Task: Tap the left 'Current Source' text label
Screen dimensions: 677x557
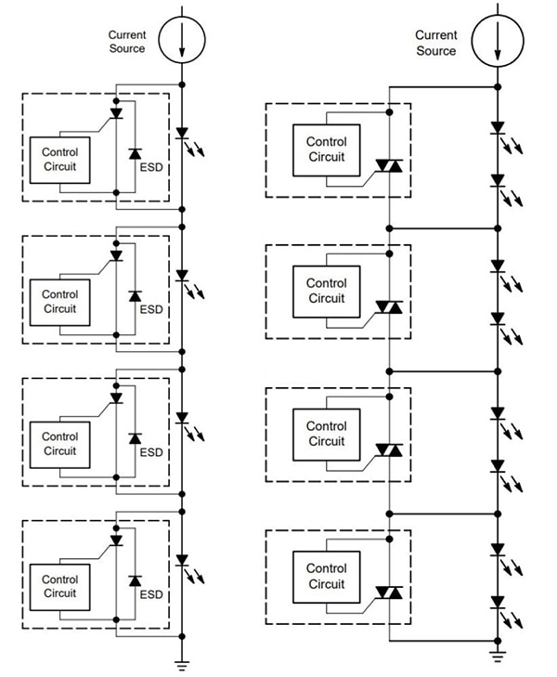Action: pos(127,42)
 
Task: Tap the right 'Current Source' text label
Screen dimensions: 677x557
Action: pos(435,43)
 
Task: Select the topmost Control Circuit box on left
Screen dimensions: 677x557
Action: pos(59,160)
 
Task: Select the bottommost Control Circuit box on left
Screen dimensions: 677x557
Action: pos(59,586)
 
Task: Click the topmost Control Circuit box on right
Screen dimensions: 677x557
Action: pos(325,150)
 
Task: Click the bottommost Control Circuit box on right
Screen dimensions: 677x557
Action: pos(325,576)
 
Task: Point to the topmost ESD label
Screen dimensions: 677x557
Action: pos(150,169)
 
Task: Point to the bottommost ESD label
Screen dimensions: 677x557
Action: pos(150,594)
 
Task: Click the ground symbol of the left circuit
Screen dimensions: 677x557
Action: pos(182,663)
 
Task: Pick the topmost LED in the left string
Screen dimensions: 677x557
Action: pos(182,134)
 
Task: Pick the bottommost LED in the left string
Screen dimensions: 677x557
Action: pos(182,561)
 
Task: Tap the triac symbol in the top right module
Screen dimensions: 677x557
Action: pos(389,166)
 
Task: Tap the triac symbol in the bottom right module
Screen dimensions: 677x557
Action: pos(389,592)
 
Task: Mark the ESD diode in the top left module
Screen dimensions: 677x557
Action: pos(135,153)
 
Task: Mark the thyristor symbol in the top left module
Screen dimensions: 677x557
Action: pos(116,112)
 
